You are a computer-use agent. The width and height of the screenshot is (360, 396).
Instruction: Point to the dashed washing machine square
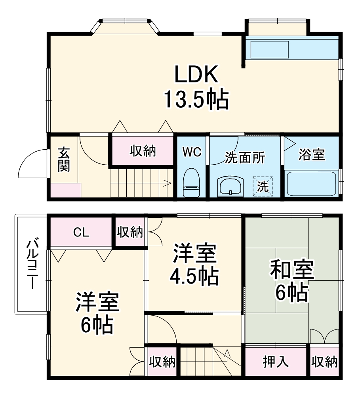(263, 185)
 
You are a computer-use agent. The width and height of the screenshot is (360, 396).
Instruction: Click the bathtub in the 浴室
(311, 183)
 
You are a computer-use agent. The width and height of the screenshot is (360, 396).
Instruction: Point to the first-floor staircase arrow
(166, 183)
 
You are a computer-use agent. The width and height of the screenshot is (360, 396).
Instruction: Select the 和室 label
(292, 270)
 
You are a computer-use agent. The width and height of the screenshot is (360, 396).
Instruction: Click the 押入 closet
(276, 362)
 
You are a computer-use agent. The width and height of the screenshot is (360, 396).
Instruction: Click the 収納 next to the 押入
(324, 362)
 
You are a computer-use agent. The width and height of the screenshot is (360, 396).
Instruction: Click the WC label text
(192, 152)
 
